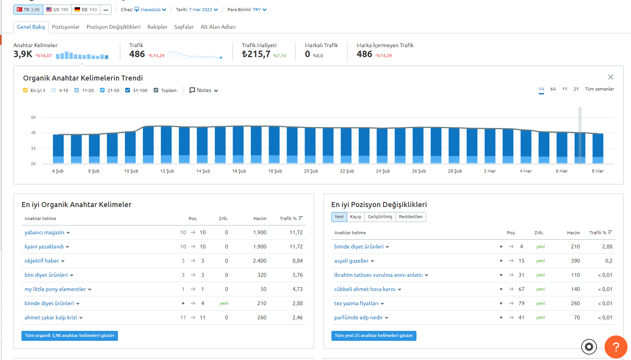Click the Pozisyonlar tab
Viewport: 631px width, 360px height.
[x=66, y=27]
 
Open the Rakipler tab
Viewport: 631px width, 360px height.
[x=157, y=27]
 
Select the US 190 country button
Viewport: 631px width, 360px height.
[x=57, y=10]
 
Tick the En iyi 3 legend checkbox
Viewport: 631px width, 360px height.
[x=25, y=90]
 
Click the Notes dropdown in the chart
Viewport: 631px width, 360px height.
[x=204, y=90]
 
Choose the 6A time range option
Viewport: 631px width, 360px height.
[x=553, y=89]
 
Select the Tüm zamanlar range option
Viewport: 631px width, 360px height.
[x=599, y=89]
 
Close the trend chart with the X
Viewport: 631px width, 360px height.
[x=610, y=77]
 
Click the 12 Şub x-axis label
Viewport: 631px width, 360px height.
[x=167, y=171]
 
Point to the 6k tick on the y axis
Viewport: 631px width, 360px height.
[x=33, y=117]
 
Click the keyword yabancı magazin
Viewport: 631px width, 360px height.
[x=44, y=232]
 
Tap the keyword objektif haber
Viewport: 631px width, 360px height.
[x=42, y=261]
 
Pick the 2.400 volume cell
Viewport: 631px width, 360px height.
[x=259, y=261]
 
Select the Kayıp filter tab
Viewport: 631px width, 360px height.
[x=356, y=217]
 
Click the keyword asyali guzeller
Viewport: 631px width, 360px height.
[x=351, y=261]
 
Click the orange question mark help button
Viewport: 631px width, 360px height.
[x=616, y=347]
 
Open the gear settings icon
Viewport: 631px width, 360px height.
[x=589, y=347]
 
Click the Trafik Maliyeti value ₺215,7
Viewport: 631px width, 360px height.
[x=256, y=54]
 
